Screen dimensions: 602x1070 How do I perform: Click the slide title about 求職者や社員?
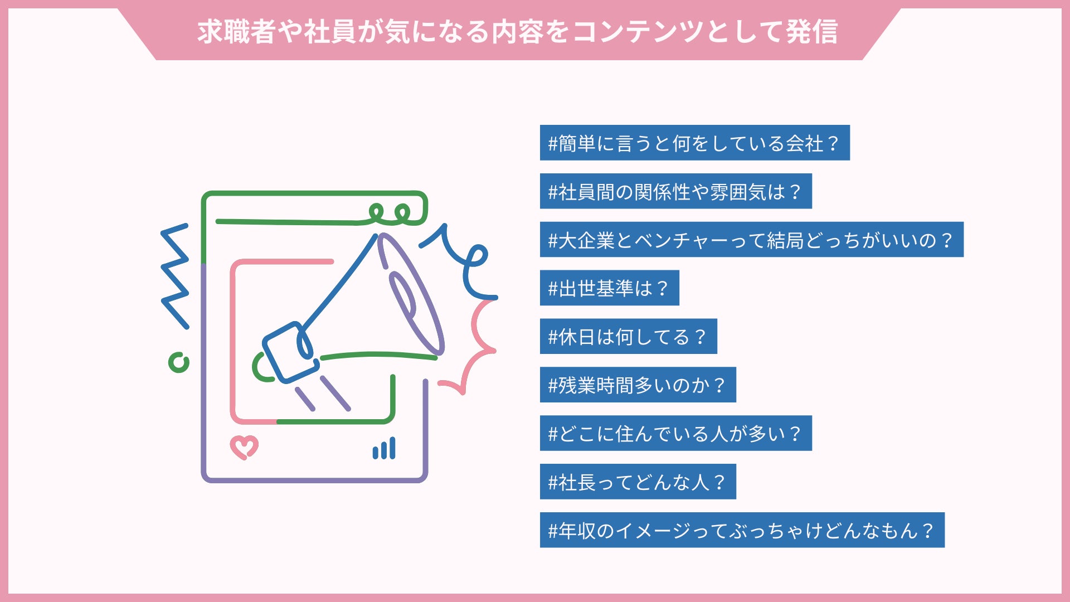coord(517,32)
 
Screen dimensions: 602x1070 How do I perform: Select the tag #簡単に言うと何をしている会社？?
coord(694,143)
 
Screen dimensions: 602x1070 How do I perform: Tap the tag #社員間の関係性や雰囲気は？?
coord(675,192)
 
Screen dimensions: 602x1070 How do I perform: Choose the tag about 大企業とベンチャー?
coord(751,240)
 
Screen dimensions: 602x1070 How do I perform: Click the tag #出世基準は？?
coord(609,288)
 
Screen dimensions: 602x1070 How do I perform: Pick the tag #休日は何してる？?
coord(628,337)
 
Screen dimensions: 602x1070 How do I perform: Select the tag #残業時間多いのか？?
coord(638,385)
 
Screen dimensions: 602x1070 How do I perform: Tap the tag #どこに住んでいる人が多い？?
coord(675,434)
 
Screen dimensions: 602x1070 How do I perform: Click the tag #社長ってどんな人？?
coord(638,482)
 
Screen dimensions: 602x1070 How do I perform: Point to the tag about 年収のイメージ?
coord(742,531)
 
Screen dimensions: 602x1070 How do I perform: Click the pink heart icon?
coord(244,447)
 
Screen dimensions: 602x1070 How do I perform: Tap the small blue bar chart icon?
coord(385,449)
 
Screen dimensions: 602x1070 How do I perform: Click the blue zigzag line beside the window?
coord(175,276)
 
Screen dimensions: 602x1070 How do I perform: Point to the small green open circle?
coord(179,363)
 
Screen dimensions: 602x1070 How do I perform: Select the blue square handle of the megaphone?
coord(290,352)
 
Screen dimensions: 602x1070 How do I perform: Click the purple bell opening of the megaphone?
coord(411,294)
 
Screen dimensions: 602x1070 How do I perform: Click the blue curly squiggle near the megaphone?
coord(465,262)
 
